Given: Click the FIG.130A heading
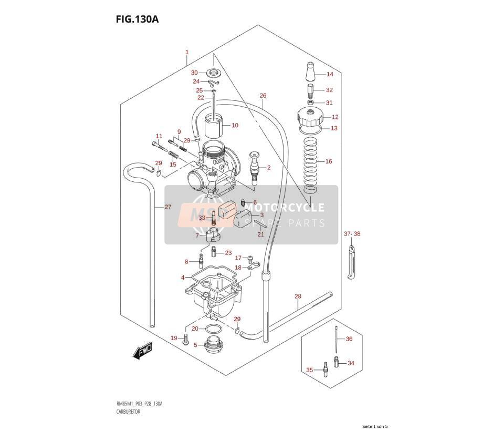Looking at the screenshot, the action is click(137, 19).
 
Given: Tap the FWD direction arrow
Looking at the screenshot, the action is click(142, 351).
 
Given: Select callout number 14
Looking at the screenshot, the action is click(330, 74).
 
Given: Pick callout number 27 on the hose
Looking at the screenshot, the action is click(168, 207).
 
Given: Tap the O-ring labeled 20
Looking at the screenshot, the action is click(213, 329).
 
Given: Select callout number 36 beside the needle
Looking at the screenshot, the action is click(349, 339).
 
